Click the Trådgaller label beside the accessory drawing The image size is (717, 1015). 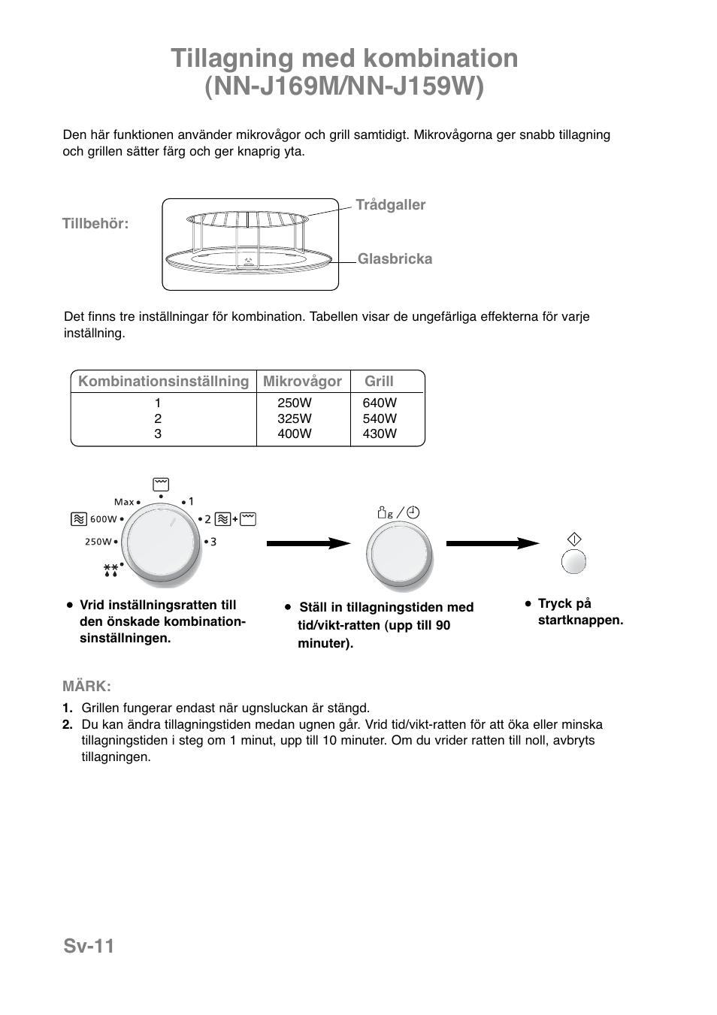(390, 205)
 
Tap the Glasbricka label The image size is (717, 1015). (395, 259)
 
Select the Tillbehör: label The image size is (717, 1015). (95, 224)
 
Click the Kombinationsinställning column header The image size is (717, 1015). (163, 382)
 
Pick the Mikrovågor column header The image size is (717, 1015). (302, 382)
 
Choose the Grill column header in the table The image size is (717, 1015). (379, 382)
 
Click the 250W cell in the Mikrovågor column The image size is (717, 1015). (295, 403)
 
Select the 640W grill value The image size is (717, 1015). (380, 403)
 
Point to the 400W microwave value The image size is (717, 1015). (295, 433)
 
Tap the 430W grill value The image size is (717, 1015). (380, 433)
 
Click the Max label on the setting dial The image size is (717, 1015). (124, 502)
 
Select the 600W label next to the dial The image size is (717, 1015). (104, 519)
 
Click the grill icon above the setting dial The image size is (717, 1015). (160, 484)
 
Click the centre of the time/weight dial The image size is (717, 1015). (399, 556)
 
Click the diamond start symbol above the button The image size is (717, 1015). (574, 539)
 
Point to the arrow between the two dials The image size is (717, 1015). (308, 543)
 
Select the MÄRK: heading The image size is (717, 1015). (86, 686)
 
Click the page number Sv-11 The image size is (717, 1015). (89, 946)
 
